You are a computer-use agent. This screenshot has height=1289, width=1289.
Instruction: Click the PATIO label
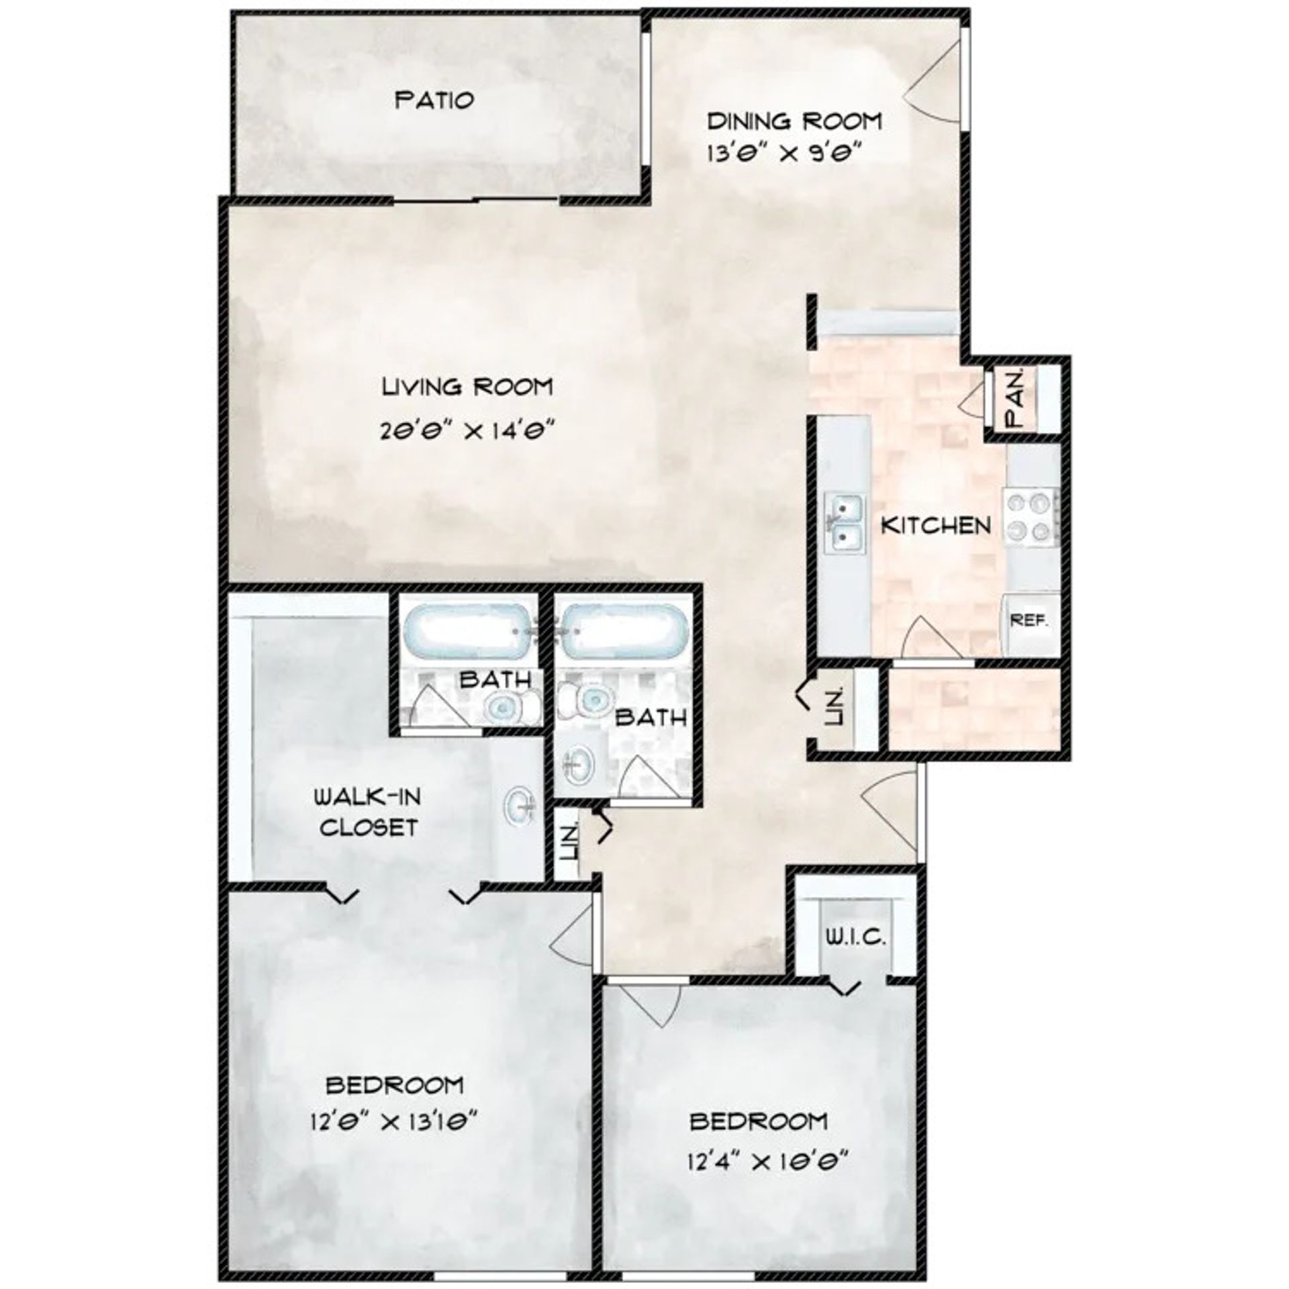click(434, 101)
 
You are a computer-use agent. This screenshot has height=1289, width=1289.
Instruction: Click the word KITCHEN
click(936, 525)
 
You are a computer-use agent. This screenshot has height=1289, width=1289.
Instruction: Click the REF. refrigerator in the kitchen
click(1029, 622)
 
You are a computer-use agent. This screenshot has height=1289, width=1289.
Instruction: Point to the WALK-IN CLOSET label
click(369, 812)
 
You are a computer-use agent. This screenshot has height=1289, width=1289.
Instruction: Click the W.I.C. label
click(855, 937)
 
